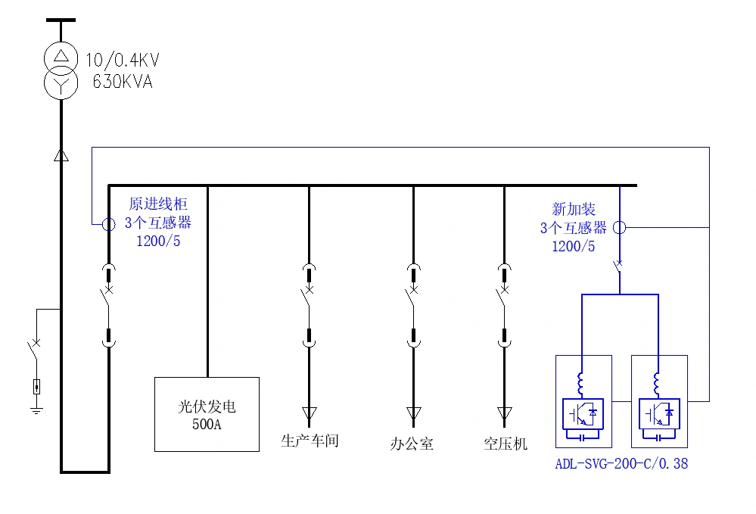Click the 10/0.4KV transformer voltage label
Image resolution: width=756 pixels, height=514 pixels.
[122, 61]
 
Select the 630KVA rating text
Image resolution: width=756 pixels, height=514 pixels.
[122, 82]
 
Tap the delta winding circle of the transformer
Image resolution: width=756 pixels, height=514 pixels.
[61, 56]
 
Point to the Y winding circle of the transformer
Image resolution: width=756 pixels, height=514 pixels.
[61, 83]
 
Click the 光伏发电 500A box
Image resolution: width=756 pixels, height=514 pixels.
[207, 414]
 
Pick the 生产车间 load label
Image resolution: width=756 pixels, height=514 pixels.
[310, 441]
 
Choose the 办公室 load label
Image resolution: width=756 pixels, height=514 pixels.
[412, 444]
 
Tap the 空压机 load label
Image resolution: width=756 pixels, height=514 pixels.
[505, 444]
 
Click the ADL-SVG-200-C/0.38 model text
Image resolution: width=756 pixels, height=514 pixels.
[621, 463]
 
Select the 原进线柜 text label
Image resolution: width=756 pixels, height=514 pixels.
[157, 204]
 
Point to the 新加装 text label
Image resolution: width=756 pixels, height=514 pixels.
[573, 209]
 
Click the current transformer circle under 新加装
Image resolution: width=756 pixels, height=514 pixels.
[619, 227]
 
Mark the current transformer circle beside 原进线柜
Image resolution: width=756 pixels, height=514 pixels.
[108, 224]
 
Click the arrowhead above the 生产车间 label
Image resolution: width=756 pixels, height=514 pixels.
[309, 413]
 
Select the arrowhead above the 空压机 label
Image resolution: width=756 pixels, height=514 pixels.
[505, 413]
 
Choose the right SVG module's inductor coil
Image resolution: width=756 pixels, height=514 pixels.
[657, 384]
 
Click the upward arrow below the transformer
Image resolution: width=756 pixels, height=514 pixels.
[61, 155]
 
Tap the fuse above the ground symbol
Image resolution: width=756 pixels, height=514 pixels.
[36, 387]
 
